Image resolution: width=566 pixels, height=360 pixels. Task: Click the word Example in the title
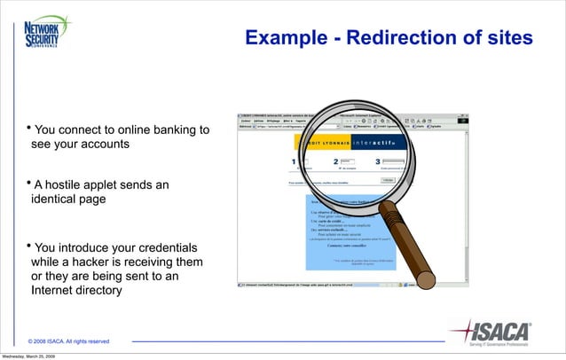285,39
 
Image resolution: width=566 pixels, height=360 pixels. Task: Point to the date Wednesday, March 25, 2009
28,356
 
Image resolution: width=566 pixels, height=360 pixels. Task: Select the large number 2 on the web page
335,162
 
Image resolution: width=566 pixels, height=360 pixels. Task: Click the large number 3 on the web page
379,162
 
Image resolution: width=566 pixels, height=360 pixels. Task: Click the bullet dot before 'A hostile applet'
28,184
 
